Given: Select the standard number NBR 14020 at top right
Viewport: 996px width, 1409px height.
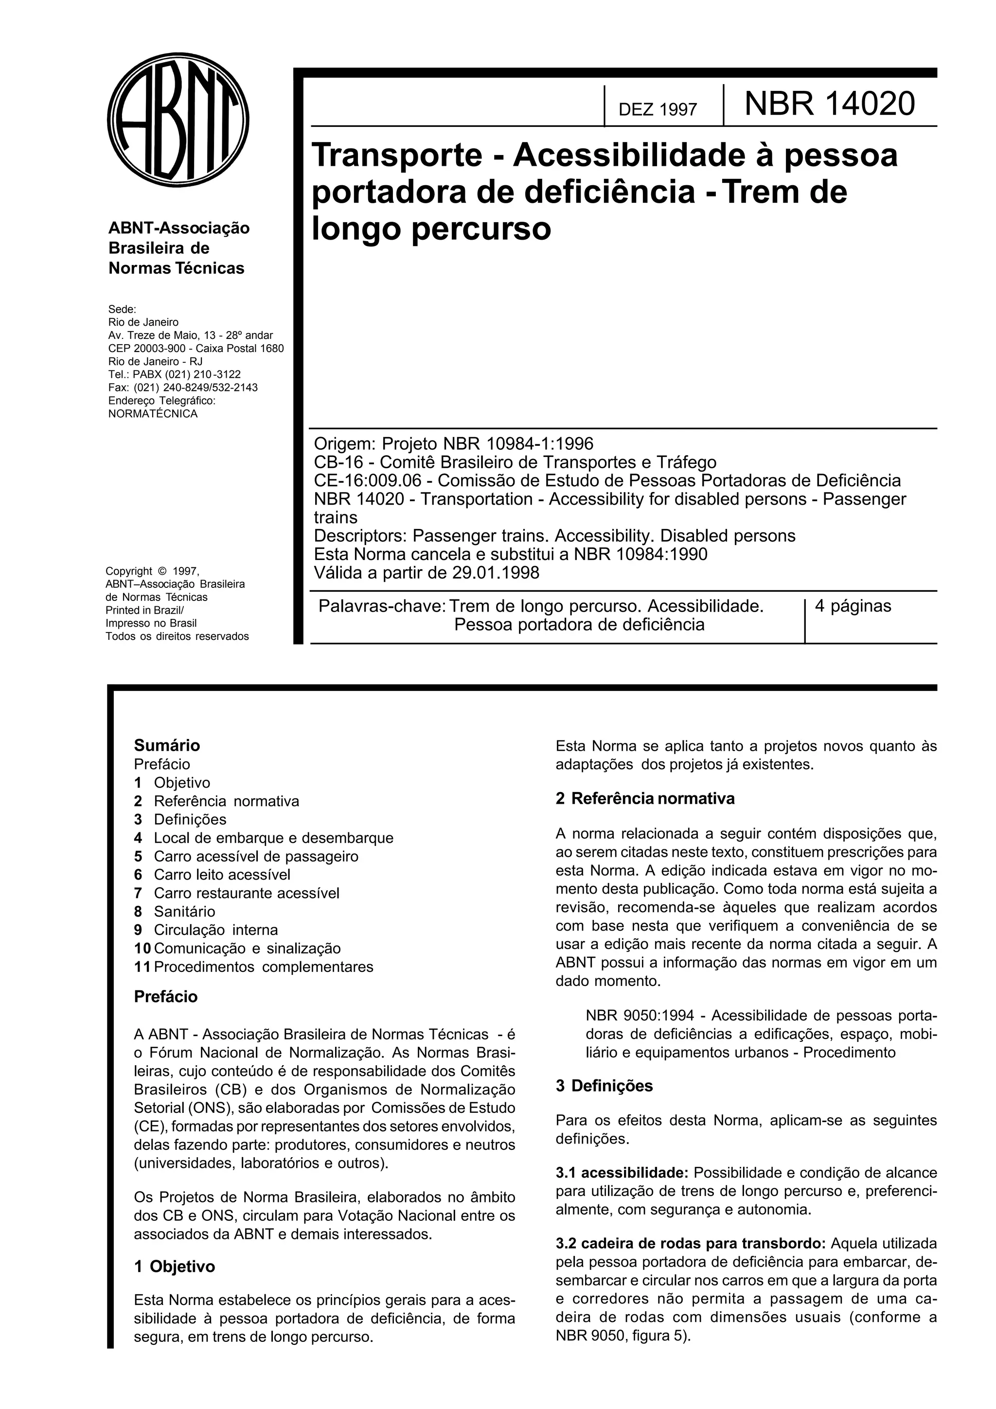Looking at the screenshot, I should pos(829,104).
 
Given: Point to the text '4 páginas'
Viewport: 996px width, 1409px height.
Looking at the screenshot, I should pos(853,606).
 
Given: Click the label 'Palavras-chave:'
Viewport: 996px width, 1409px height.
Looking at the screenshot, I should pos(382,606).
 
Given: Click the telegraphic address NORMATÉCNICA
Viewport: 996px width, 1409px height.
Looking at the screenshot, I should pos(153,414).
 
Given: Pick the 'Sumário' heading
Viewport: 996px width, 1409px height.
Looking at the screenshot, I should pos(167,746).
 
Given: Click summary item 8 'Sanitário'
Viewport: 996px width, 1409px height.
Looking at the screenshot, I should pos(184,911).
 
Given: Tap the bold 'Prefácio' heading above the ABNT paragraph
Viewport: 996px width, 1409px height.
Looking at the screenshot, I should pos(166,997).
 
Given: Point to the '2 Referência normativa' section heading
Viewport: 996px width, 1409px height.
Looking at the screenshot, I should pos(644,798).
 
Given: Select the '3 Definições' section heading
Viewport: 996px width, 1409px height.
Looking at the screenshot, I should pos(604,1086).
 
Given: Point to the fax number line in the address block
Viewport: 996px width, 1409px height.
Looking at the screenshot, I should pos(183,387).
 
